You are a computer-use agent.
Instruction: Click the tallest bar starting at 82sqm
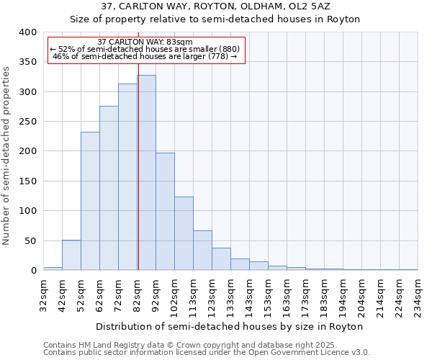coord(146,173)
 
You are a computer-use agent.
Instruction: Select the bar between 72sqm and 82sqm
coord(127,177)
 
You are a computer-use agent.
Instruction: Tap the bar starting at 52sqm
coord(90,201)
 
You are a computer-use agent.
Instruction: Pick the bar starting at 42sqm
coord(71,255)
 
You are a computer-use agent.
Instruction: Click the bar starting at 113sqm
coord(202,251)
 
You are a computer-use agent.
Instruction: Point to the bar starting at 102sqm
coord(184,233)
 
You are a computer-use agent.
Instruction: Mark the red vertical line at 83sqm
coord(138,166)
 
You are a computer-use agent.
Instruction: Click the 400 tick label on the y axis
coord(27,32)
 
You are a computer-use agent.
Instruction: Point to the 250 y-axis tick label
coord(27,122)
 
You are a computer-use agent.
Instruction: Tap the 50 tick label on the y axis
coord(30,240)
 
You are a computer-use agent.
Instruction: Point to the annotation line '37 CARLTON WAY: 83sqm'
coord(145,42)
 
